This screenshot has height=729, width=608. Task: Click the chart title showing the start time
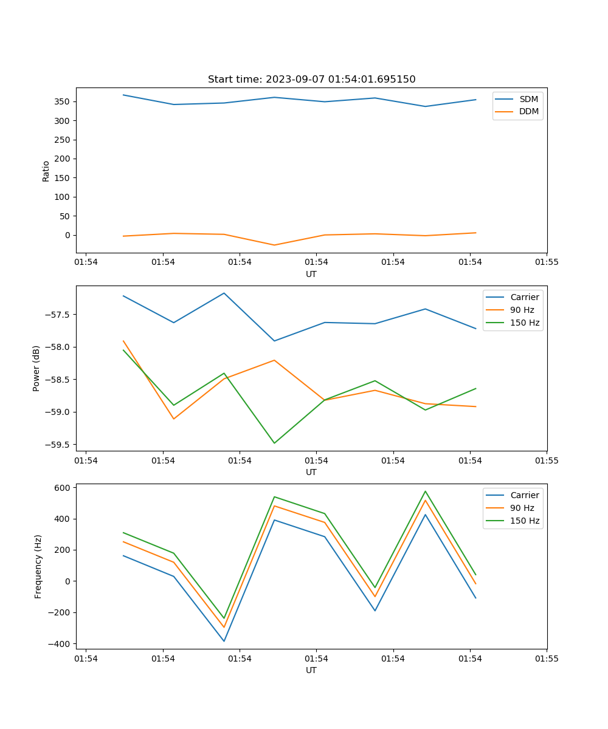[x=311, y=80]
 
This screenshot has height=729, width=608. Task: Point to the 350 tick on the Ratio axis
[x=63, y=101]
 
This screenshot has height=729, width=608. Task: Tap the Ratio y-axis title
[x=46, y=171]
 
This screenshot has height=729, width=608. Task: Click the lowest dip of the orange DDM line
[x=274, y=245]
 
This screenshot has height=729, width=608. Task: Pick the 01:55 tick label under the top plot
[x=547, y=262]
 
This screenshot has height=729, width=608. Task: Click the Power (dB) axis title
[x=36, y=368]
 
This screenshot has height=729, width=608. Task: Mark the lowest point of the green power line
[x=274, y=443]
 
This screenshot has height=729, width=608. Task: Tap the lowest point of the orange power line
[x=174, y=419]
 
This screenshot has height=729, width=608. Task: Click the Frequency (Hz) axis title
[x=38, y=566]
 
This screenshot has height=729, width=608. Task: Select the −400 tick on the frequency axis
[x=61, y=644]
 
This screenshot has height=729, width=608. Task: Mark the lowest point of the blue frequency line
[x=224, y=642]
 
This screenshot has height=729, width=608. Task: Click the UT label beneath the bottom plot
[x=311, y=670]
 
